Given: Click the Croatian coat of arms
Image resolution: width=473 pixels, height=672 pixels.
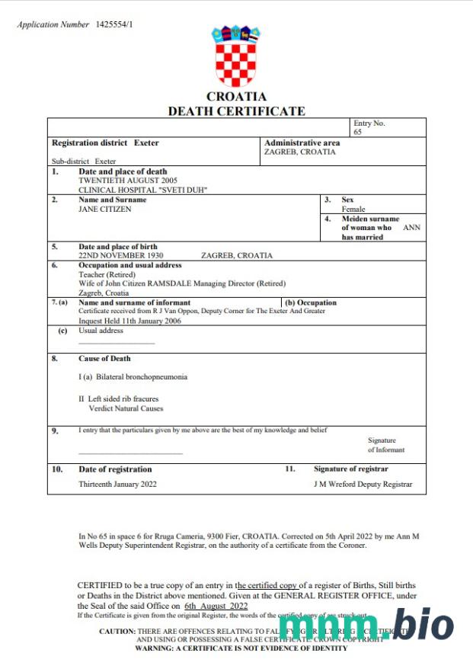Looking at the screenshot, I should (x=236, y=58).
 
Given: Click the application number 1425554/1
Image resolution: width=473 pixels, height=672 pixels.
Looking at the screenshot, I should (x=114, y=24).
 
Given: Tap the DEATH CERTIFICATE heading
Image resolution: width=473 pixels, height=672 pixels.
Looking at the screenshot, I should (x=236, y=111).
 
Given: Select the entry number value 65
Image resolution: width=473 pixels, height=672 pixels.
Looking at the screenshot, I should (x=358, y=132).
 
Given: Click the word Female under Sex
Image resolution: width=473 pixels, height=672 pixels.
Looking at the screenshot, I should (x=353, y=209).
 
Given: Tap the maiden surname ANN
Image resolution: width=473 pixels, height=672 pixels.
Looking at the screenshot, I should (x=411, y=228).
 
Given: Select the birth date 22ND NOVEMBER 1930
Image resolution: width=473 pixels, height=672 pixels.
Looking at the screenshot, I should (x=121, y=256).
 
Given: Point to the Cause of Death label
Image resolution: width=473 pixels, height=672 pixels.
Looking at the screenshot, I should (x=104, y=358).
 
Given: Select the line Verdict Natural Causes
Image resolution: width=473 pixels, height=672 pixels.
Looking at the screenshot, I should (x=126, y=408).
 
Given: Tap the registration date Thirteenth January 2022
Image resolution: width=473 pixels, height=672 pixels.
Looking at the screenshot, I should (x=117, y=484).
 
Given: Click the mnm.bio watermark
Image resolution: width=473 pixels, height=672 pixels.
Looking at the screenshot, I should (x=366, y=626).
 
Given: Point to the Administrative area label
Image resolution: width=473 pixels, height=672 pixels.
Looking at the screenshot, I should (x=302, y=142).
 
